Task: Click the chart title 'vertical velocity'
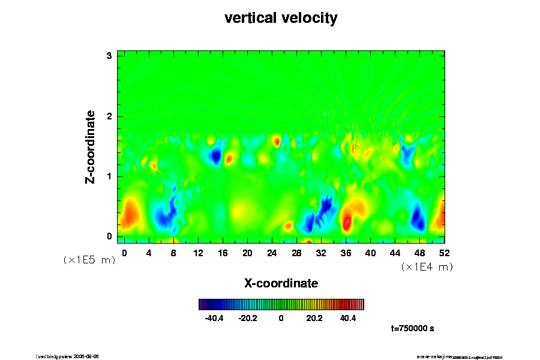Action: [x=281, y=18]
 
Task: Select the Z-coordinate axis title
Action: [x=91, y=146]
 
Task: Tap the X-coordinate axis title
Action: [x=281, y=283]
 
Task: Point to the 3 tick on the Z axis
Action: [x=110, y=56]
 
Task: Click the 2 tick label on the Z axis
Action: [x=110, y=116]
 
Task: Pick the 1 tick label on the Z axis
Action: [x=110, y=176]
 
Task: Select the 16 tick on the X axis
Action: [x=223, y=253]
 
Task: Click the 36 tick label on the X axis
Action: [x=346, y=253]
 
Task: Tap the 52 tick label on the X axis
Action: [x=444, y=253]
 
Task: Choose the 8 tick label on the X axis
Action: [x=173, y=253]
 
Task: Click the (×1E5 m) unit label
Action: [x=89, y=260]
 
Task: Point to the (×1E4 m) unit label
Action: [x=427, y=267]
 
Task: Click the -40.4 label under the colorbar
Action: [x=214, y=319]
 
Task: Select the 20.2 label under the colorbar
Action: [x=314, y=319]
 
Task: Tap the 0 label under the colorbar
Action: [x=281, y=319]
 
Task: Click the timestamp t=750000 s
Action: [x=412, y=329]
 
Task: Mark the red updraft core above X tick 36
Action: [x=347, y=223]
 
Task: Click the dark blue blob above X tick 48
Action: [x=418, y=219]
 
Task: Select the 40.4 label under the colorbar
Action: [x=348, y=319]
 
